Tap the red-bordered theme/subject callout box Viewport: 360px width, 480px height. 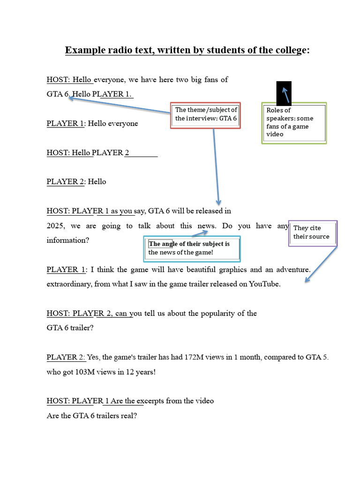206,115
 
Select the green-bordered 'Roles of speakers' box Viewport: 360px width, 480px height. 294,123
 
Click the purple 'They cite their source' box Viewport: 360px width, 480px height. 312,232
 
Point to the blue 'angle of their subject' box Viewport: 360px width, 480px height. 192,248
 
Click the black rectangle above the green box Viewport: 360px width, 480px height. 284,92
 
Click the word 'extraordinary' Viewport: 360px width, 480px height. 68,284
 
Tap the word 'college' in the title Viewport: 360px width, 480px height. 287,50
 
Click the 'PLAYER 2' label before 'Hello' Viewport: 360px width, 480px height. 65,181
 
